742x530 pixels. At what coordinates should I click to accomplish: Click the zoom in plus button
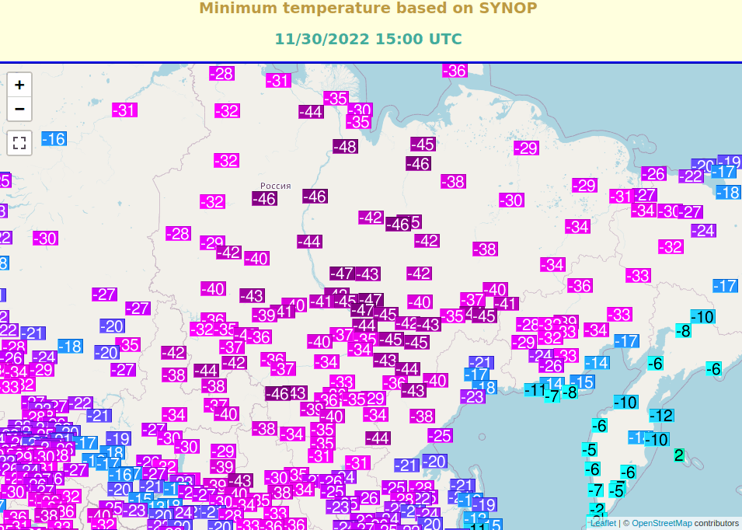pyautogui.click(x=19, y=85)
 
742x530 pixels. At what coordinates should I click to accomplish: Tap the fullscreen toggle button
pyautogui.click(x=19, y=143)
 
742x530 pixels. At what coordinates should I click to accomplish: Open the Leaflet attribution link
pyautogui.click(x=603, y=523)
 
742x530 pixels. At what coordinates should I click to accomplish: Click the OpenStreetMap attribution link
pyautogui.click(x=661, y=523)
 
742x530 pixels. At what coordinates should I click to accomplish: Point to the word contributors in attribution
pyautogui.click(x=716, y=523)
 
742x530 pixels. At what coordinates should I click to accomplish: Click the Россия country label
pyautogui.click(x=275, y=186)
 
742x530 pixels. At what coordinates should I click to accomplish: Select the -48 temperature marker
pyautogui.click(x=345, y=146)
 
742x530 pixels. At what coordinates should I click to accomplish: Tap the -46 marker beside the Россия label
pyautogui.click(x=264, y=199)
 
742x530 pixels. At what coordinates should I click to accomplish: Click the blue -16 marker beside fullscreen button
pyautogui.click(x=54, y=139)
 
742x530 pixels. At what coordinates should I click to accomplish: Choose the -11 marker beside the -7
pyautogui.click(x=534, y=390)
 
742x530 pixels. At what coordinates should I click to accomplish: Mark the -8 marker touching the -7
pyautogui.click(x=571, y=392)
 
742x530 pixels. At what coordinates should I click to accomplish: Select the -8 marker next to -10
pyautogui.click(x=683, y=331)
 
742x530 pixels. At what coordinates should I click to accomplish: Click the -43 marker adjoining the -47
pyautogui.click(x=368, y=274)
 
